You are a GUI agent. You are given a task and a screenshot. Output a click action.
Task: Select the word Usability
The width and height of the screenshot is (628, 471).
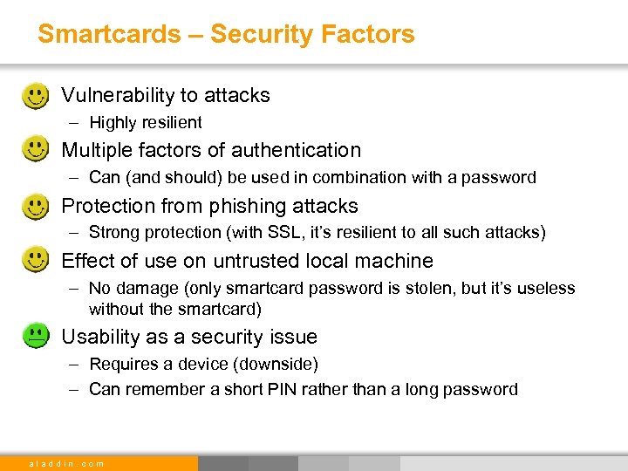click(99, 337)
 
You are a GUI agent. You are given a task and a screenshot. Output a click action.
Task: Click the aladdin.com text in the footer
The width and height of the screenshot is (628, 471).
click(66, 463)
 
